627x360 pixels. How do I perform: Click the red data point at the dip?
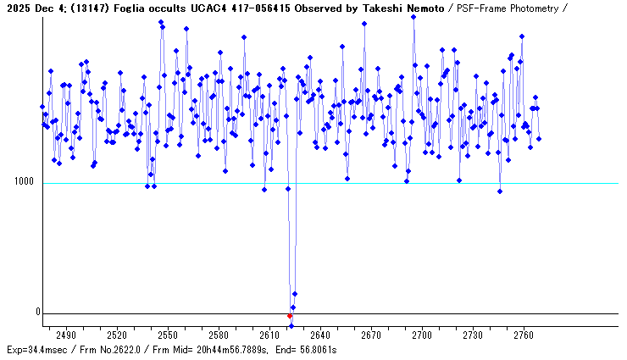click(x=290, y=316)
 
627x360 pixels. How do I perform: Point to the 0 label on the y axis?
click(x=37, y=312)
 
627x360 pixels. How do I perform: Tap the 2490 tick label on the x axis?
click(x=66, y=335)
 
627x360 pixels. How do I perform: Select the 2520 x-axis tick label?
click(x=117, y=335)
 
